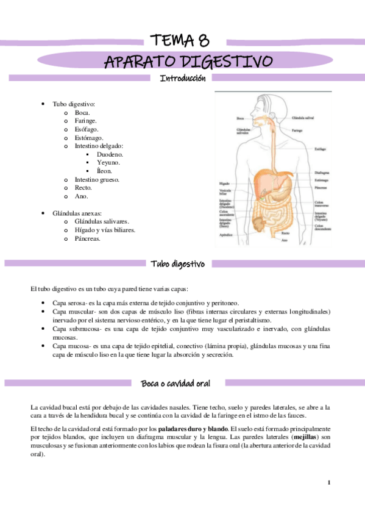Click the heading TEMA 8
click(182, 41)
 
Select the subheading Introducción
click(182, 78)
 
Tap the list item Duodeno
click(110, 155)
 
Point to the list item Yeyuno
click(108, 163)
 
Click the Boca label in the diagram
click(241, 118)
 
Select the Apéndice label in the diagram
click(227, 234)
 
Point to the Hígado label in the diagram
click(224, 183)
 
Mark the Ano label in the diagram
click(285, 240)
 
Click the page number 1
click(328, 483)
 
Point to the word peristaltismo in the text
click(253, 320)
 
